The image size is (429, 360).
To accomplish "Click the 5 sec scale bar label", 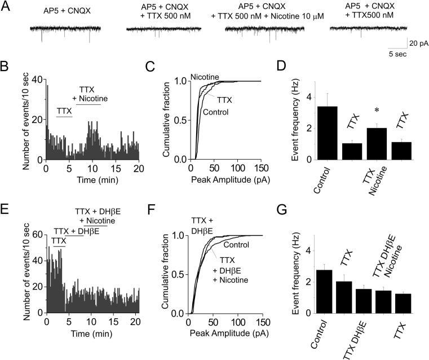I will coord(399,54).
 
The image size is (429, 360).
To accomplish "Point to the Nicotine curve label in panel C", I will coord(205,76).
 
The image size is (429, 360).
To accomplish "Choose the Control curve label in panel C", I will coord(216,112).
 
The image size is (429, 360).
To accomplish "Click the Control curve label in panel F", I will coord(235,244).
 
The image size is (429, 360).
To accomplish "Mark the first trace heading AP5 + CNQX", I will coord(65,11).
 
